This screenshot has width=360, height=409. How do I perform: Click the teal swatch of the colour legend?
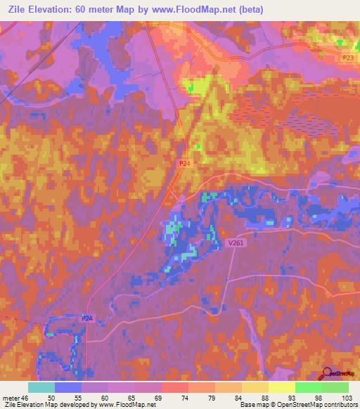click(41, 388)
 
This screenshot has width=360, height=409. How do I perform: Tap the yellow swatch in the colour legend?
click(282, 388)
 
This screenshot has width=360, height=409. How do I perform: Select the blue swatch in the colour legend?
click(68, 388)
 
